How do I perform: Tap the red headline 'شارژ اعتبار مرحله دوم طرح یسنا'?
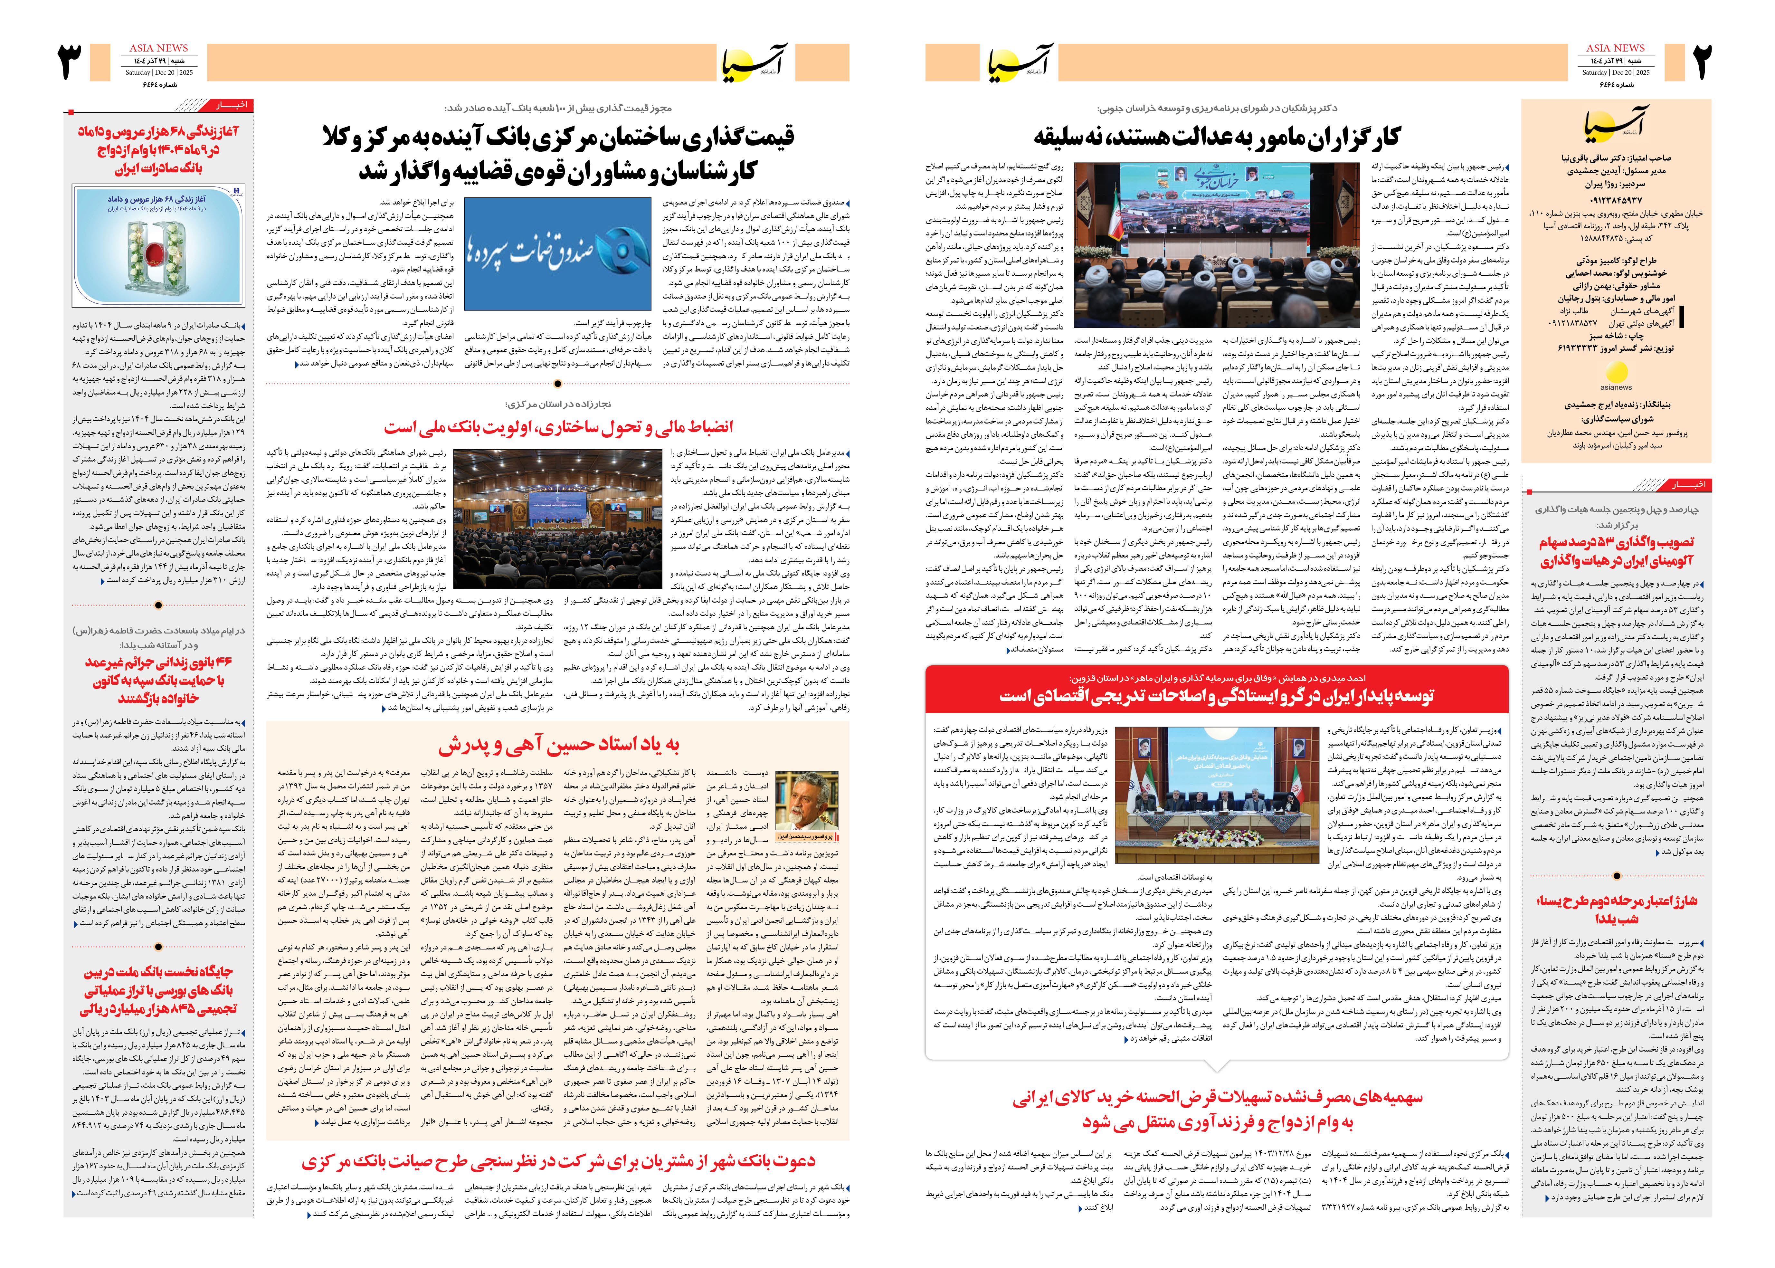point(1616,910)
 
